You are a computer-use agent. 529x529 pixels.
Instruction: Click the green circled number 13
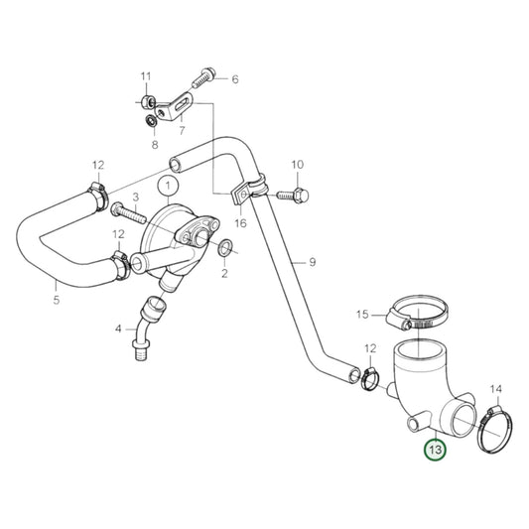pos(435,450)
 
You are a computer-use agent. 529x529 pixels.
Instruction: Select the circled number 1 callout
pos(169,185)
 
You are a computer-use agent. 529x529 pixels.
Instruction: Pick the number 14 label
pos(497,389)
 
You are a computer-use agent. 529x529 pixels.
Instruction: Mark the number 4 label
pos(118,328)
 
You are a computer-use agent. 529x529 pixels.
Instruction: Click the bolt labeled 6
pos(203,74)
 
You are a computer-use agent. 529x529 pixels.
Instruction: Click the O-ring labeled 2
pos(227,246)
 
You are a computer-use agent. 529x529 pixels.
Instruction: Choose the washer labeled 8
pos(148,122)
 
